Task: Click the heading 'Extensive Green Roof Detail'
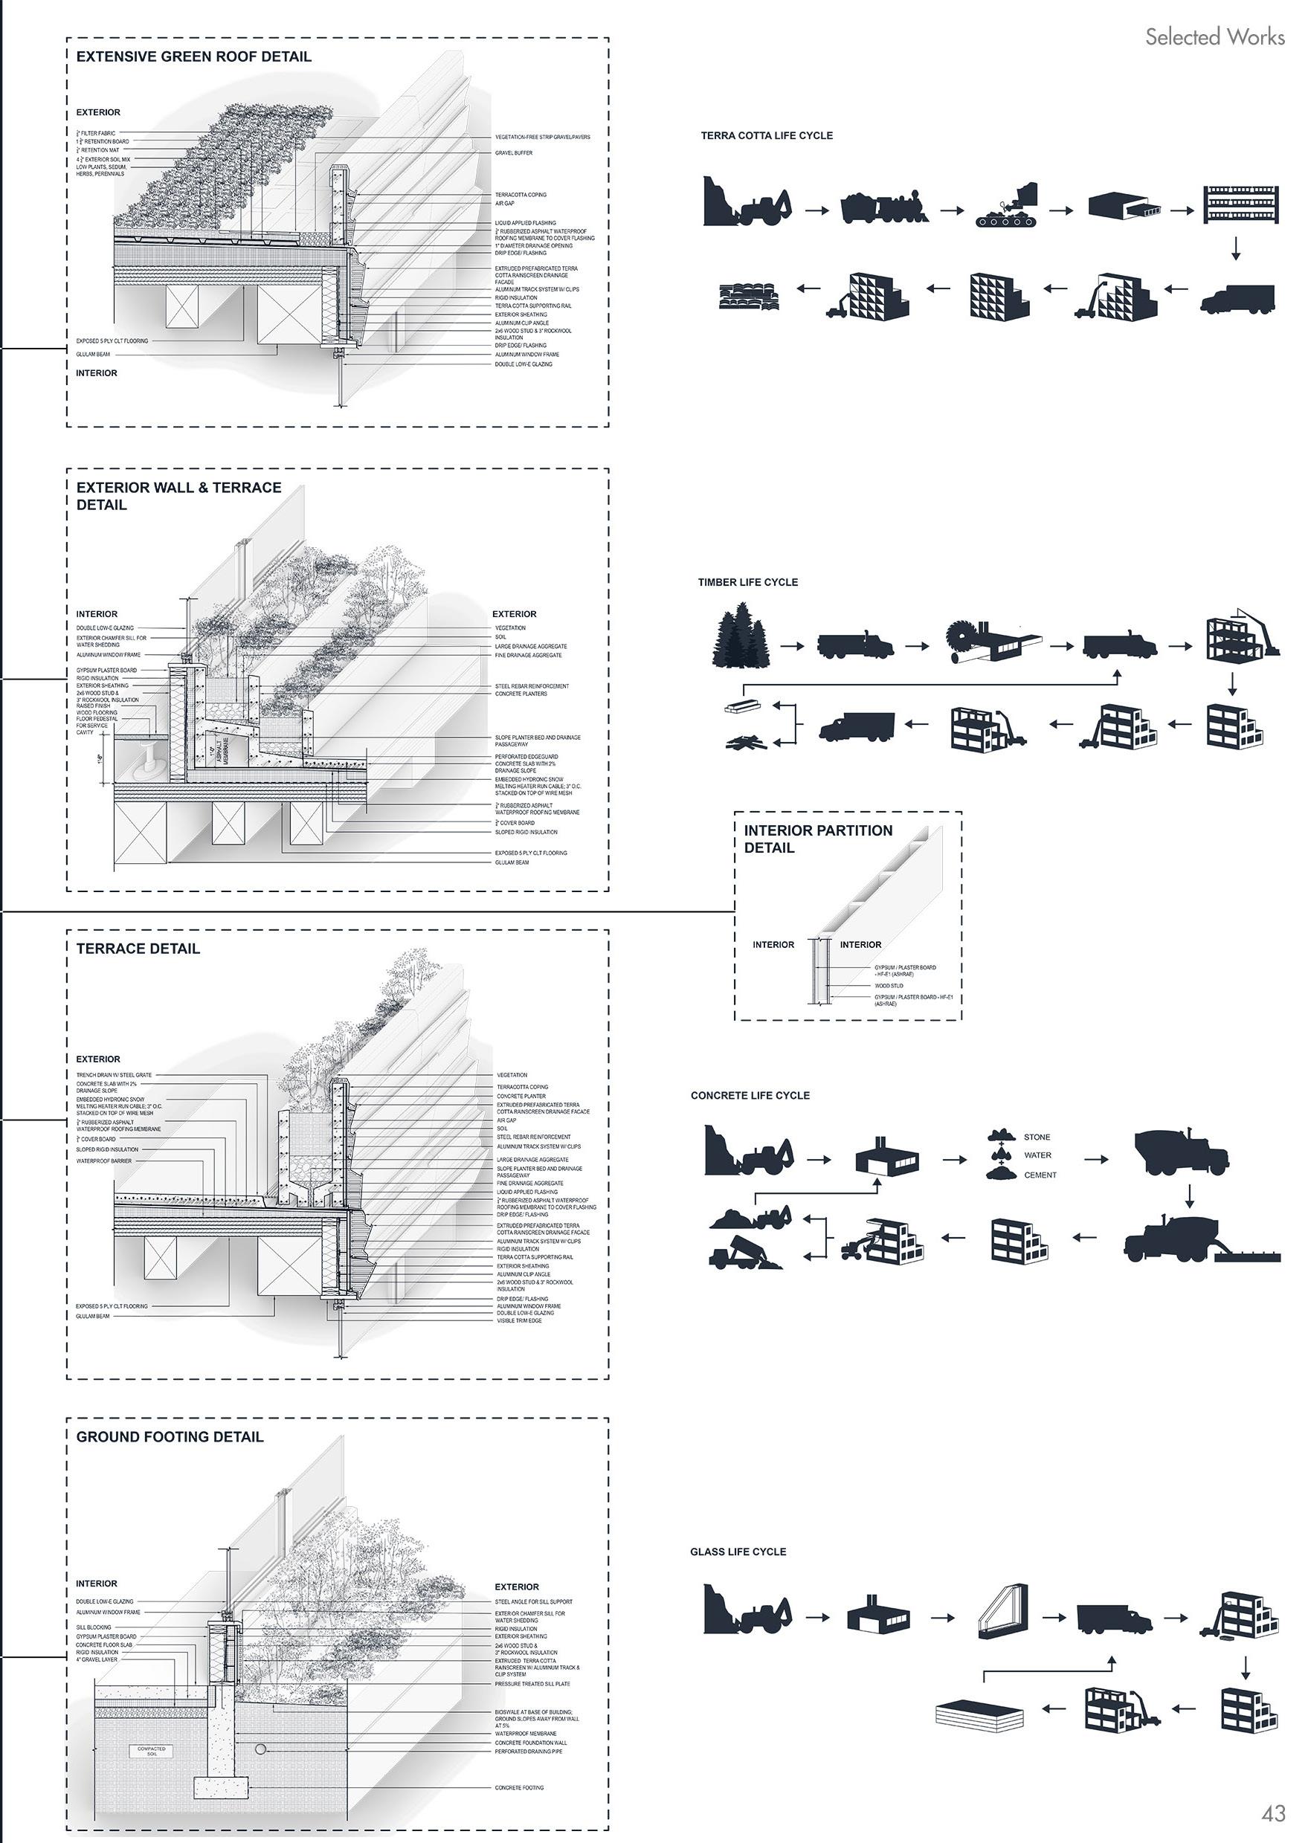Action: [193, 57]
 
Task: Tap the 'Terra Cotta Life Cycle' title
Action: [766, 135]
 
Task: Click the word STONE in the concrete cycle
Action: [1037, 1137]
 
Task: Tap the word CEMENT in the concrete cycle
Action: [1040, 1175]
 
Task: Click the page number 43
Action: [1273, 1813]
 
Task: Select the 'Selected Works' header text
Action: [1214, 36]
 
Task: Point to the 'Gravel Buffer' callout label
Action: [513, 152]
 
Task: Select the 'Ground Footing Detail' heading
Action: [170, 1436]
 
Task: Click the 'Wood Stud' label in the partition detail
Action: [889, 986]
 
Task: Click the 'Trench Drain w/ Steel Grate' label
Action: [114, 1075]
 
